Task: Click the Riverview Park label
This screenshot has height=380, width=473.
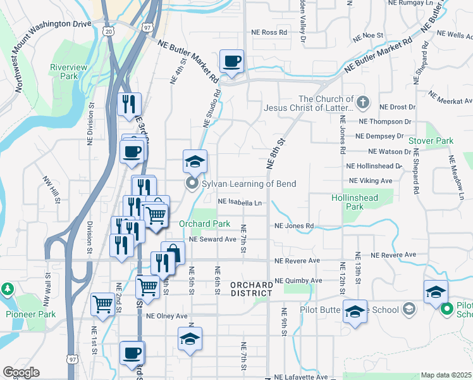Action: click(64, 71)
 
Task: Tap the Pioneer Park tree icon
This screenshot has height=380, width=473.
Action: click(8, 290)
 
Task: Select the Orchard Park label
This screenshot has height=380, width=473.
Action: click(204, 224)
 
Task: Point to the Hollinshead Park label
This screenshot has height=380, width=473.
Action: click(355, 202)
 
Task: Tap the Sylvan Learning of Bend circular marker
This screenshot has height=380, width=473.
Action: click(192, 184)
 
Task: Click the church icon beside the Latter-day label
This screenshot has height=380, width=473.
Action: click(362, 101)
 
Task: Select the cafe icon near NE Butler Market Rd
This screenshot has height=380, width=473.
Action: click(232, 61)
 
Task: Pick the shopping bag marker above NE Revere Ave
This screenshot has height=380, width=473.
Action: click(173, 253)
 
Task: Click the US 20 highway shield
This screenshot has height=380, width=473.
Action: click(109, 30)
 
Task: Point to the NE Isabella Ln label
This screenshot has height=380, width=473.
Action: click(240, 202)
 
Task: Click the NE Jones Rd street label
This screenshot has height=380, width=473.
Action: click(294, 225)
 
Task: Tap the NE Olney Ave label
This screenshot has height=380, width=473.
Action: click(167, 315)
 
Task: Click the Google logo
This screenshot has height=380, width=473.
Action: click(21, 372)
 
